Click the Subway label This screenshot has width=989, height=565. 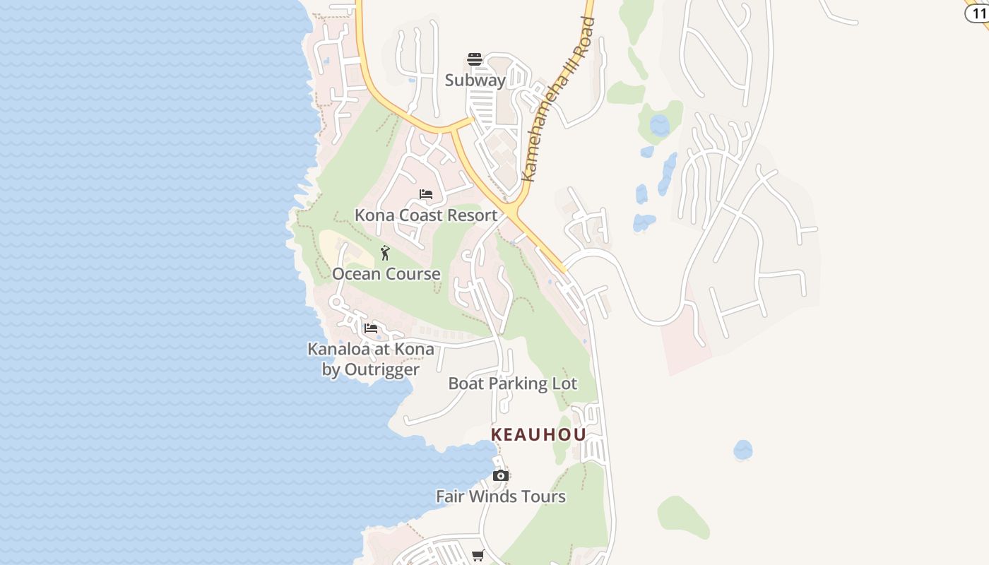(475, 81)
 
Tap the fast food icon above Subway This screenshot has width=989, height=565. (475, 59)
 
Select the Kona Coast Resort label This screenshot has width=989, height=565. (426, 215)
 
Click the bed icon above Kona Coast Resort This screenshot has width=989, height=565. (426, 194)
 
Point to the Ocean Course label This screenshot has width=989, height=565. (386, 274)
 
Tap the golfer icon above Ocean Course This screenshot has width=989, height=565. (385, 253)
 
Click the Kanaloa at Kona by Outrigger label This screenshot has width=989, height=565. (371, 359)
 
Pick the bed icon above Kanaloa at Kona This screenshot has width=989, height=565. (371, 328)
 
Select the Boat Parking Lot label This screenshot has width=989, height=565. (513, 383)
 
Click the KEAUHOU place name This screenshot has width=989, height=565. (538, 434)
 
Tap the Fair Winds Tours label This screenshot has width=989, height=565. (501, 496)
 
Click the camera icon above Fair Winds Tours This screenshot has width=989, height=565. (501, 475)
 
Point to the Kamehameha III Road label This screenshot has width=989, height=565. (558, 99)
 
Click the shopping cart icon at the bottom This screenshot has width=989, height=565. (478, 556)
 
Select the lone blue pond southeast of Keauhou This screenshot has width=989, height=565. (742, 450)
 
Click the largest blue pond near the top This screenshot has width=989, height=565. (659, 126)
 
